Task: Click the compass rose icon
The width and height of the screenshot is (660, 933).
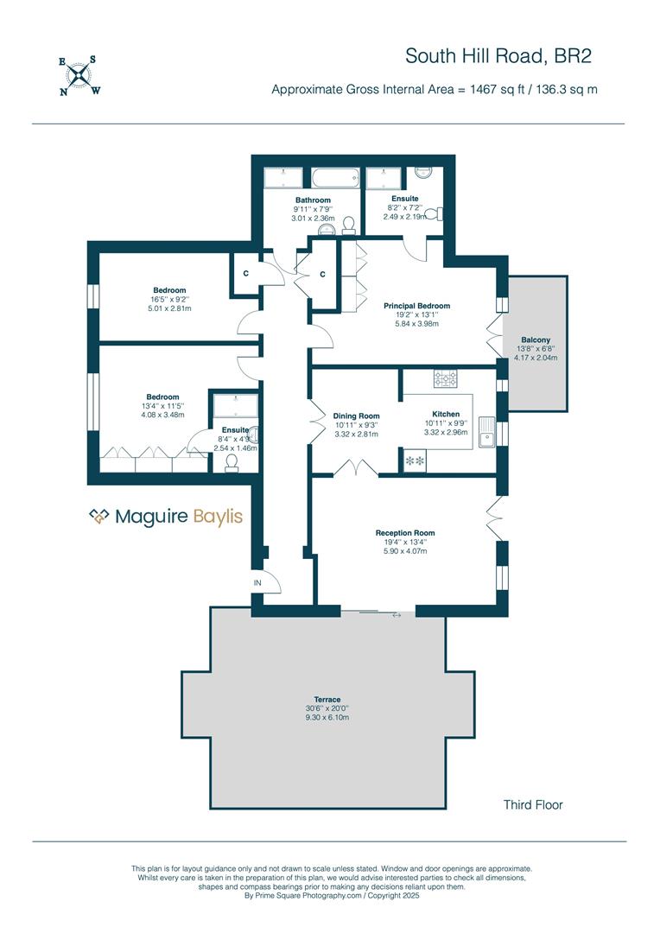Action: pos(79,75)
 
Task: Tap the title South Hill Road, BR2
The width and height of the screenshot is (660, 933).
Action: pos(498,56)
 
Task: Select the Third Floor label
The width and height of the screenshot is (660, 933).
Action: pos(533,804)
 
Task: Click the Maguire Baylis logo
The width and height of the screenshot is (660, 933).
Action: pos(166,517)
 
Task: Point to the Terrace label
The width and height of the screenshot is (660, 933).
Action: pos(327,699)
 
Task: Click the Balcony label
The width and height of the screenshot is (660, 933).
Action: pos(536,340)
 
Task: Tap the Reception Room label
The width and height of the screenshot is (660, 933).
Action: pos(405,532)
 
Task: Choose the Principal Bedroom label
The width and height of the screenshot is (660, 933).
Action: pos(416,306)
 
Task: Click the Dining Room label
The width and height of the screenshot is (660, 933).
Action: pos(357,416)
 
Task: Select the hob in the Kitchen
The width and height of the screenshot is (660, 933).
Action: pos(446,378)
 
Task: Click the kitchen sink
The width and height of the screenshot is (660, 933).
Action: pos(486,431)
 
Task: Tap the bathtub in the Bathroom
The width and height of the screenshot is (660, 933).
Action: pos(336,177)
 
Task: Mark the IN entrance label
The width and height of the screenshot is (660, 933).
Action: pos(257,583)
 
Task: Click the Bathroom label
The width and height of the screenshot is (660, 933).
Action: pos(313,200)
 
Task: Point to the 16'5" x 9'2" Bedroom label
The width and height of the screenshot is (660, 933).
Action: pos(169,299)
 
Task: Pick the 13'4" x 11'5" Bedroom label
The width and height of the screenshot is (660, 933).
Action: pos(162,406)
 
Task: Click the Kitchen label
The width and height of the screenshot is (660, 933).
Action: pos(446,414)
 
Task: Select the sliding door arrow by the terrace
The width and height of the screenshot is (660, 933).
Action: pos(397,615)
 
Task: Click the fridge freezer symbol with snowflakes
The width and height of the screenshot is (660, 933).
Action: pos(415,460)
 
